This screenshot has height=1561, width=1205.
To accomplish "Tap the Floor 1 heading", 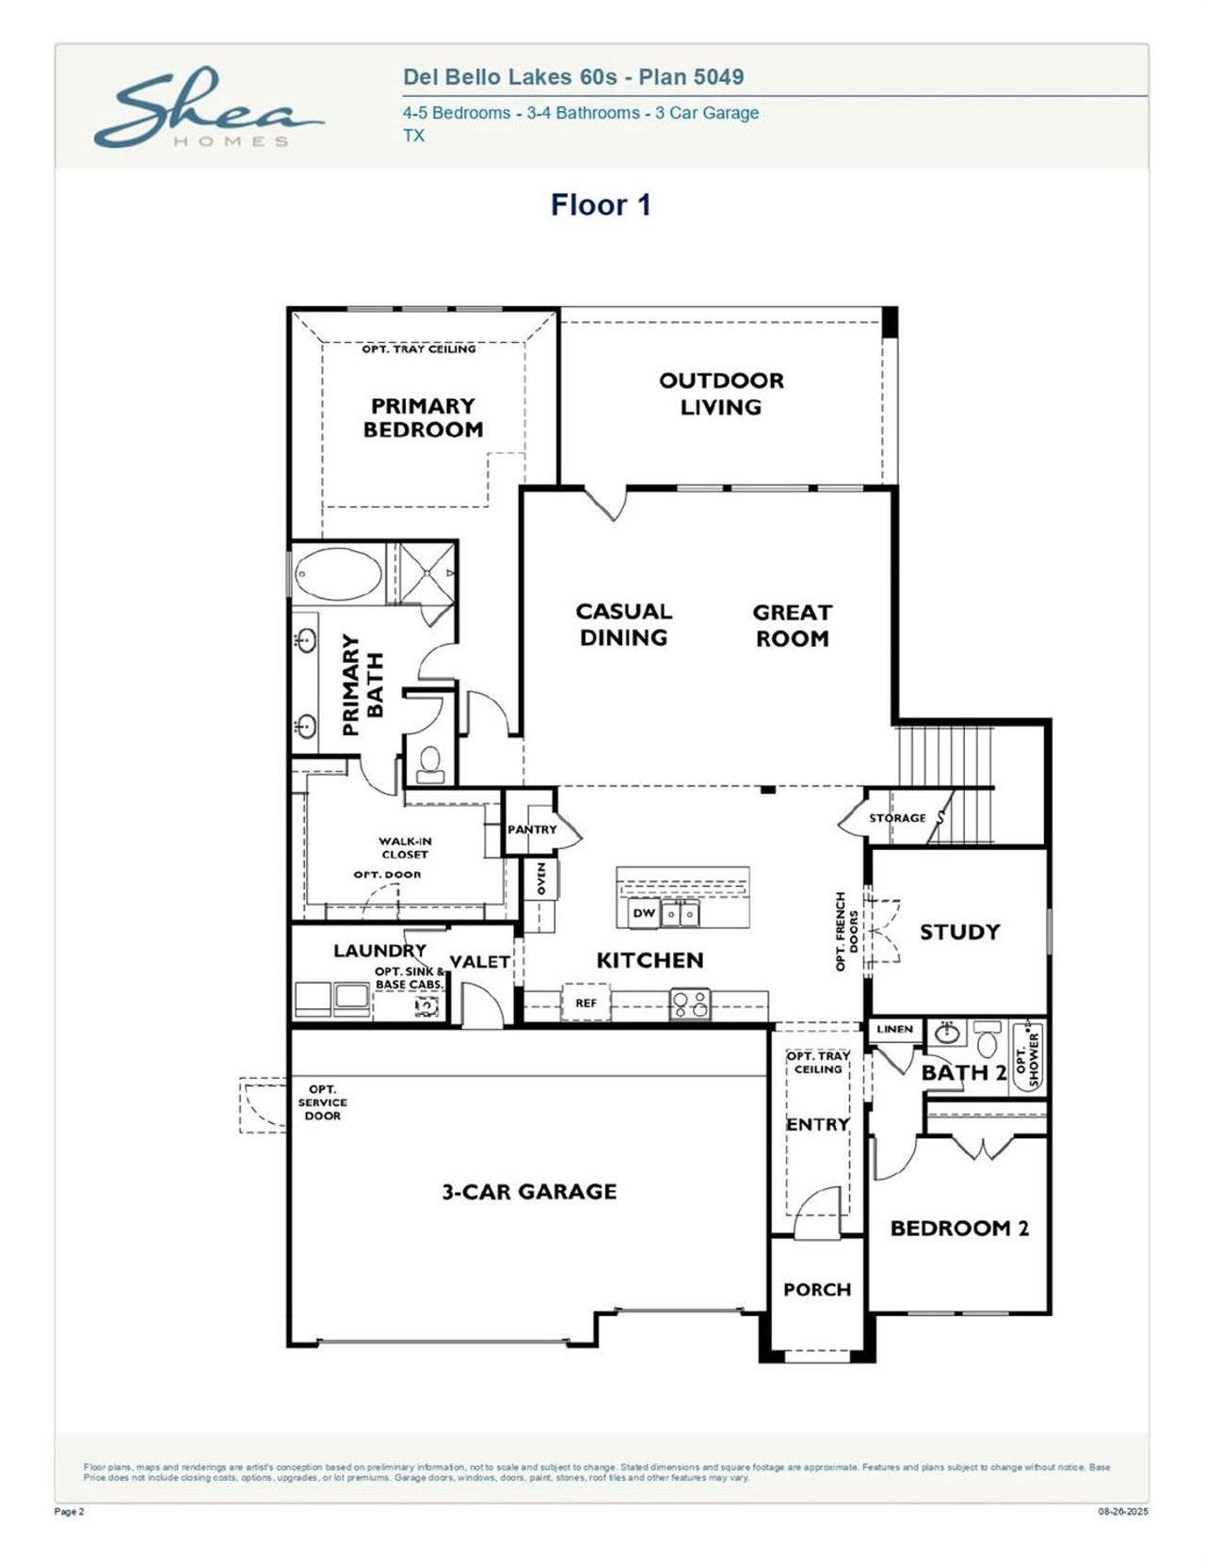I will pyautogui.click(x=601, y=204).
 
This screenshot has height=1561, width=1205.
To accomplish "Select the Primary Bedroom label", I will pyautogui.click(x=423, y=417).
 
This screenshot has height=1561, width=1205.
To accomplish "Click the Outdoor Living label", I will pyautogui.click(x=721, y=394).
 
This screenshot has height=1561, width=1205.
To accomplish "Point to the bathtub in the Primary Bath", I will pyautogui.click(x=338, y=572).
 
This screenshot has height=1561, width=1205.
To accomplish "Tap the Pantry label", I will pyautogui.click(x=531, y=829).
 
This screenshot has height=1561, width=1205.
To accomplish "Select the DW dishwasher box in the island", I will pyautogui.click(x=644, y=913).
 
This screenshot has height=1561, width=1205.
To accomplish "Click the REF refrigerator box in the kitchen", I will pyautogui.click(x=586, y=1003).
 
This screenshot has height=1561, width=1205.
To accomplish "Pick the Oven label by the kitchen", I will pyautogui.click(x=541, y=878).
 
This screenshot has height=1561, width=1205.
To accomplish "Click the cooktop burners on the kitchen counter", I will pyautogui.click(x=690, y=1004).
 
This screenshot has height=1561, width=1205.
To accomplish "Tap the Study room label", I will pyautogui.click(x=959, y=932).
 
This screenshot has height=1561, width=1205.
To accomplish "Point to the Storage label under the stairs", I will pyautogui.click(x=896, y=818).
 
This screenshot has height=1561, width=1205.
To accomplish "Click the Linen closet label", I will pyautogui.click(x=894, y=1029).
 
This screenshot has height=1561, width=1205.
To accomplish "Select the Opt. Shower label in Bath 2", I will pyautogui.click(x=1028, y=1058).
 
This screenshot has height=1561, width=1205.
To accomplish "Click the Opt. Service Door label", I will pyautogui.click(x=322, y=1102).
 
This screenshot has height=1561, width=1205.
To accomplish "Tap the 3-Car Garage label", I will pyautogui.click(x=529, y=1192).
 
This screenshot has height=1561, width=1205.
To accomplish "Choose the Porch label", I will pyautogui.click(x=816, y=1290).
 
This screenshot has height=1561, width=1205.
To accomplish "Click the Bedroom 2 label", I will pyautogui.click(x=959, y=1229).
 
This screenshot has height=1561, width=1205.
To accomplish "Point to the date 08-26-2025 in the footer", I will pyautogui.click(x=1123, y=1513).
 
